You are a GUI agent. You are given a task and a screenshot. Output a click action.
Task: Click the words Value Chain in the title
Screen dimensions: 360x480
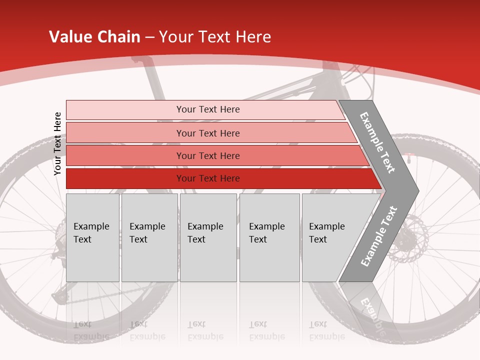[x=94, y=37]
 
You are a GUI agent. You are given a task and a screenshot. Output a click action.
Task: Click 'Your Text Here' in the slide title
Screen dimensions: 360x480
[x=215, y=37]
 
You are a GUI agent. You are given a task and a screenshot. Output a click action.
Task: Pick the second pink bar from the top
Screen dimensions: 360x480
[x=207, y=133]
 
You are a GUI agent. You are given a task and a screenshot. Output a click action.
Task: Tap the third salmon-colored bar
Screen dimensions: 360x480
[x=207, y=155]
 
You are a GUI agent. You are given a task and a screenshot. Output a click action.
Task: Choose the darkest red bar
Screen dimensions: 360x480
[x=207, y=178]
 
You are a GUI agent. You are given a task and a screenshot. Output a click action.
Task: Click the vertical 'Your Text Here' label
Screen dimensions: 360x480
[x=57, y=143]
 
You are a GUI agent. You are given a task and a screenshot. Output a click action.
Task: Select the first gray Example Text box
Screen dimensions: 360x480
[x=92, y=237]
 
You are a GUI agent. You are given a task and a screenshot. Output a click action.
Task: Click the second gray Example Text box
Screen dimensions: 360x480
[x=149, y=237]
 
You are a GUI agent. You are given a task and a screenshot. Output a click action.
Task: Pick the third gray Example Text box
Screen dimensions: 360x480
[x=207, y=237]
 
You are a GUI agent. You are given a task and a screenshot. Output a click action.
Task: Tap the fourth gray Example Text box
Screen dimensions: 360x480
[x=269, y=237]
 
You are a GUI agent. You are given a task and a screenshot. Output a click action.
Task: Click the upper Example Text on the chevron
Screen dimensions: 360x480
[x=377, y=142]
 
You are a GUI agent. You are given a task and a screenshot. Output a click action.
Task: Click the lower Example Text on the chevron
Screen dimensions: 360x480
[x=378, y=236]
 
